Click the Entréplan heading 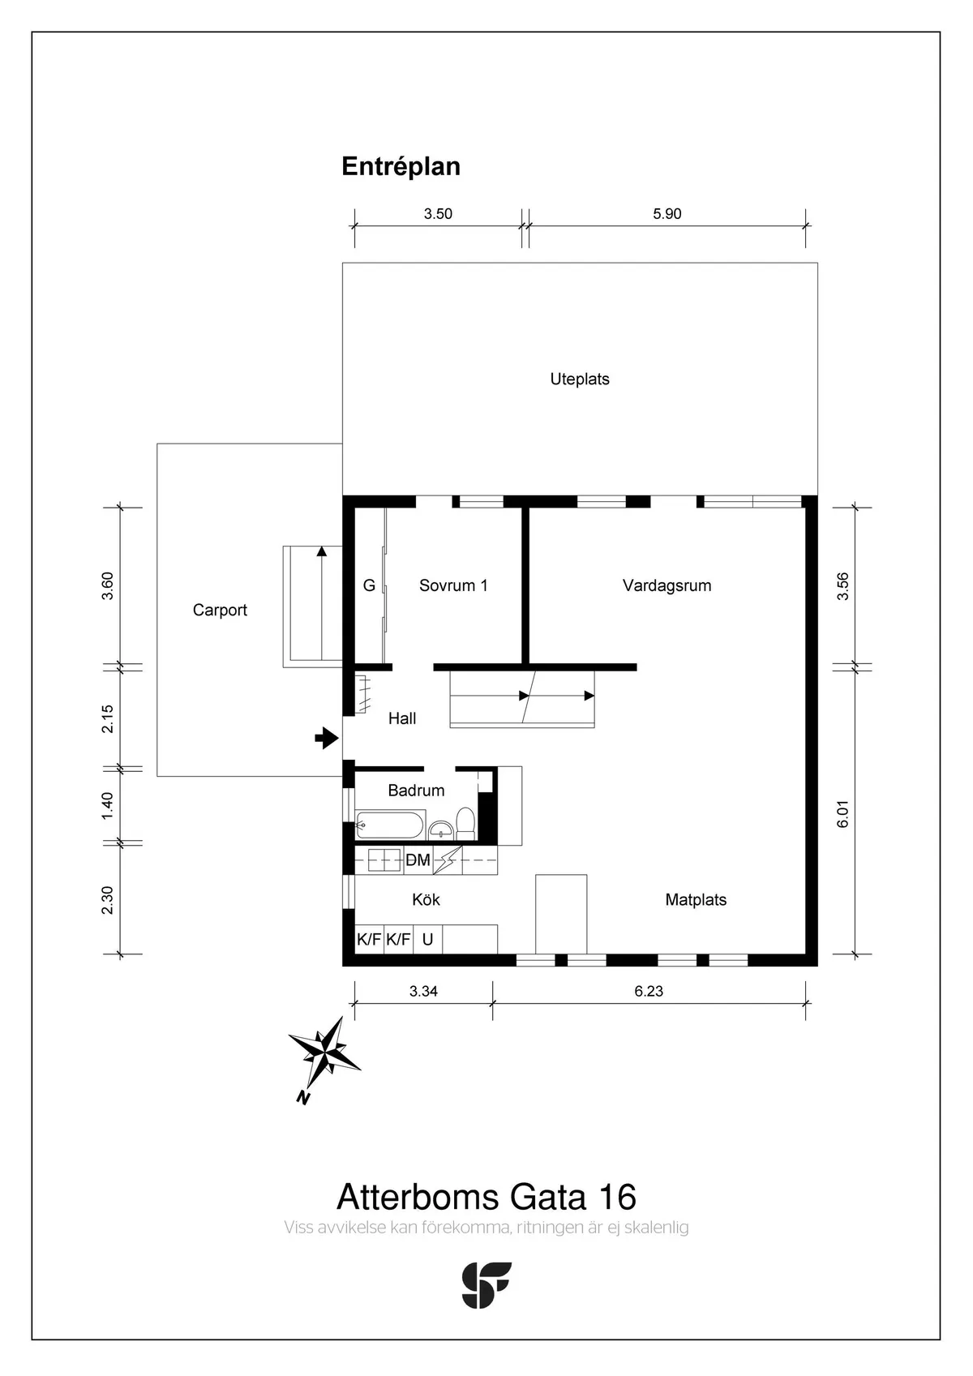[x=401, y=167]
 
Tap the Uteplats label [x=579, y=379]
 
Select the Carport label [x=220, y=610]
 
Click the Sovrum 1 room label [x=453, y=585]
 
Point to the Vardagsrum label [x=667, y=585]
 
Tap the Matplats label [x=696, y=899]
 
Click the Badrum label [x=416, y=790]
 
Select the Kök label [x=426, y=899]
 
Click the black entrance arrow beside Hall [x=327, y=737]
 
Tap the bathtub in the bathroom [x=389, y=825]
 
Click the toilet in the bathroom [x=465, y=824]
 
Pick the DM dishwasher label [x=418, y=860]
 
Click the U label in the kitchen [x=427, y=939]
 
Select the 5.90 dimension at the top [x=667, y=214]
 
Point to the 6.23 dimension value [x=649, y=991]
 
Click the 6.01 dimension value [x=842, y=813]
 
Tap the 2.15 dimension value [x=108, y=718]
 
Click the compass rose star [x=324, y=1052]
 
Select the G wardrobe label [x=369, y=585]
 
